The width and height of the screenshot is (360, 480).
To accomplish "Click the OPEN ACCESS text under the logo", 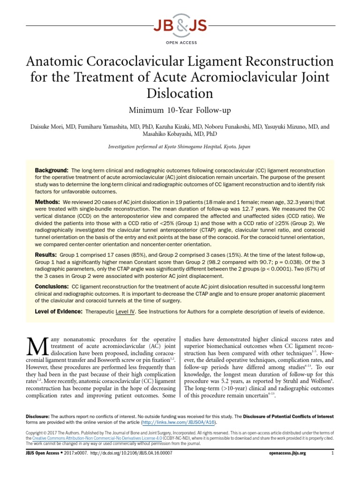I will [x=180, y=39].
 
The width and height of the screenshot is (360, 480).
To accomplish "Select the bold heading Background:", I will [x=52, y=169].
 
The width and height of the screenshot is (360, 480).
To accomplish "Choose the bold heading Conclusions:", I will [x=52, y=286].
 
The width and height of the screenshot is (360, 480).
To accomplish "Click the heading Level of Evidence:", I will [x=59, y=311].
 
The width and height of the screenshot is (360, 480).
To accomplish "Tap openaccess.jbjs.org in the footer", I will [x=288, y=453].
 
